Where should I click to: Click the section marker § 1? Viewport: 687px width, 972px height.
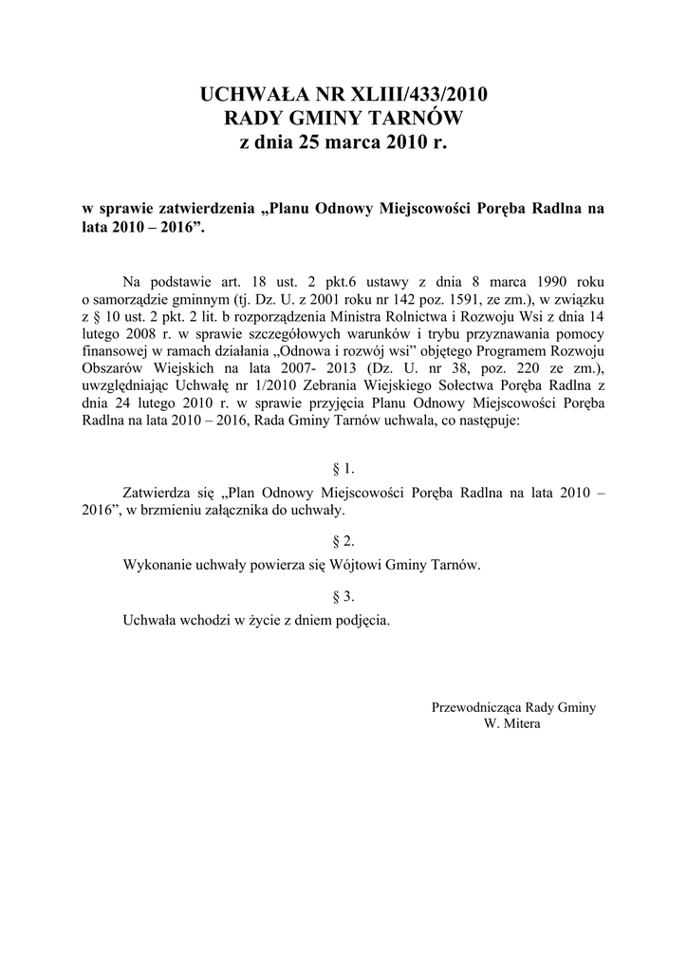(343, 469)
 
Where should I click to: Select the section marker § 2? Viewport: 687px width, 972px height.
(343, 541)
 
